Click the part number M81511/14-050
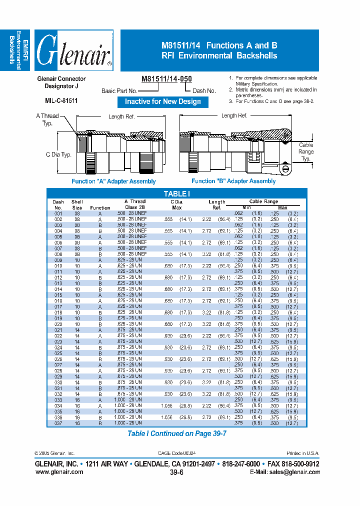point(166,79)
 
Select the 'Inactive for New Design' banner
point(162,101)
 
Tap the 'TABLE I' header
point(177,194)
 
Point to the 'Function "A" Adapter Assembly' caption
point(113,181)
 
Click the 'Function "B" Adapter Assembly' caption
point(233,181)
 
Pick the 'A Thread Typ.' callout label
point(47,119)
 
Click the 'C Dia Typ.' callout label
point(58,154)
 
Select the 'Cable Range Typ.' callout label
point(306,151)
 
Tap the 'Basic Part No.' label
point(119,91)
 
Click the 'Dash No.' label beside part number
point(204,91)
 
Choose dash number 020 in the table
point(58,324)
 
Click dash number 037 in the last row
point(58,422)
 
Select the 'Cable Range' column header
point(263,201)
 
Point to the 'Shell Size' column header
point(77,204)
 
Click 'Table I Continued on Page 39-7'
point(177,433)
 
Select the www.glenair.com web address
point(58,471)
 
